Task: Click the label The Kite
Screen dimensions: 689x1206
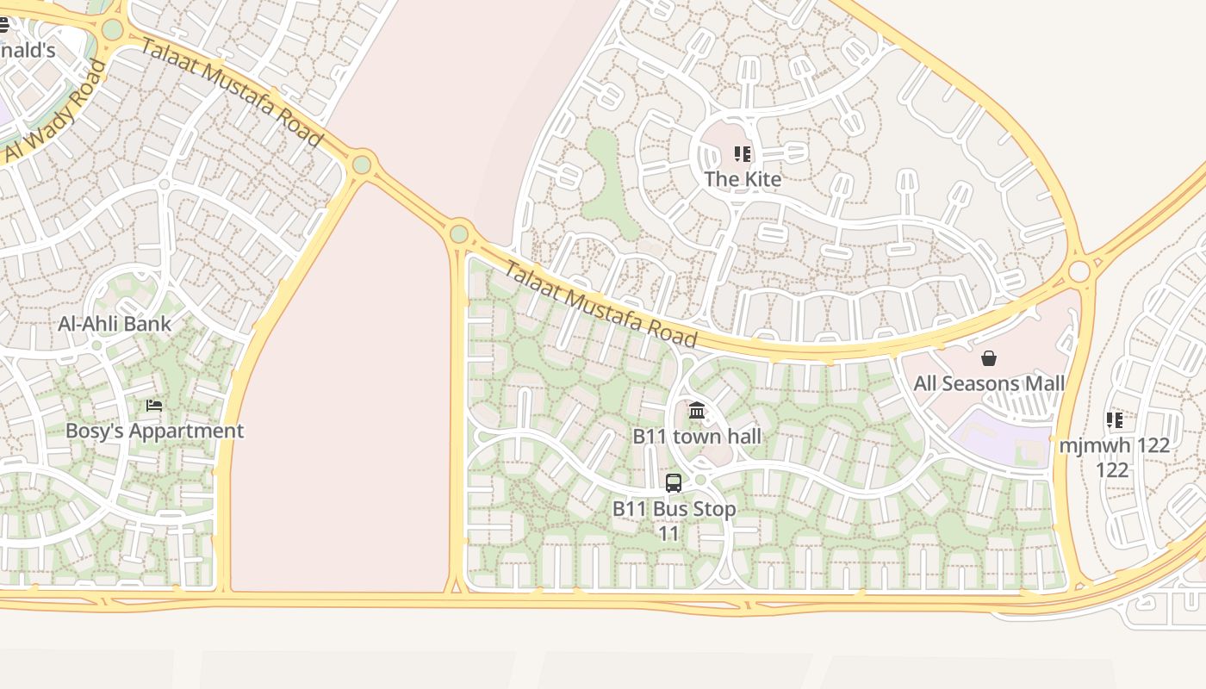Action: pos(743,179)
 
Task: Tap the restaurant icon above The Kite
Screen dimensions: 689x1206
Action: pos(743,155)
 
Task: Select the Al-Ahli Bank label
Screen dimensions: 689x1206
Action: pos(115,325)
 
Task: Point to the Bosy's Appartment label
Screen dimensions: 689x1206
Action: pos(155,431)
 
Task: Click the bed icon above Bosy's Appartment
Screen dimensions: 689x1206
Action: pos(154,405)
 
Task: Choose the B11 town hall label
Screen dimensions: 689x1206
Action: pos(697,437)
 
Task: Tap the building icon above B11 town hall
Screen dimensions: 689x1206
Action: pos(697,411)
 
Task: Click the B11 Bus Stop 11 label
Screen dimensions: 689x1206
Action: pos(674,521)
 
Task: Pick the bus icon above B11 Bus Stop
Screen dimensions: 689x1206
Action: pos(674,483)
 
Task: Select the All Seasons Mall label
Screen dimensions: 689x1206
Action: pos(989,383)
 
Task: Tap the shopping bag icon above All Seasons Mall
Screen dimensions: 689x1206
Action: pos(989,358)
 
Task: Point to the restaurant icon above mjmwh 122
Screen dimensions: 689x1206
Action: pos(1115,420)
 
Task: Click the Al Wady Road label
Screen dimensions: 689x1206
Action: pos(55,111)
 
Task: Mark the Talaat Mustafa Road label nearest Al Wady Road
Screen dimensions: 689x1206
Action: pos(231,93)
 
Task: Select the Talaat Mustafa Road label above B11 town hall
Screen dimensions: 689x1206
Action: pos(600,302)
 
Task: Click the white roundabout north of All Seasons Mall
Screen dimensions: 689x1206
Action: pos(1079,272)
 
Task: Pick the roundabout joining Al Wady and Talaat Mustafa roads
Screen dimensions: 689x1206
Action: pos(112,30)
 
